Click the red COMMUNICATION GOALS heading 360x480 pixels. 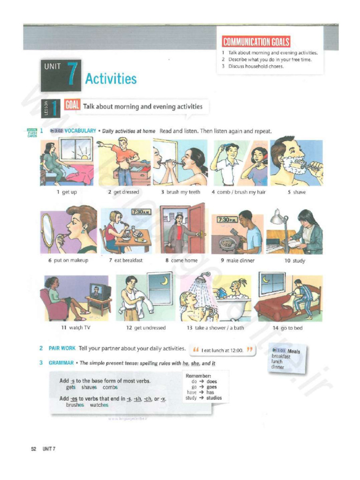coord(256,42)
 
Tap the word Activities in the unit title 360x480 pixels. coord(111,79)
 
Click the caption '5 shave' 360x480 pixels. coord(299,192)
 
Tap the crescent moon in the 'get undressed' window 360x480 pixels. coord(164,280)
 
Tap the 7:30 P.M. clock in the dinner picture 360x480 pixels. coord(226,219)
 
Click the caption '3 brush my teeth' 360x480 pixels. coord(180,192)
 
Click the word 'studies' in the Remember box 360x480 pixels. coord(214,398)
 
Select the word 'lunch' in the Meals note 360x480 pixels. coord(277,362)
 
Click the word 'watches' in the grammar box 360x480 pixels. coord(99,405)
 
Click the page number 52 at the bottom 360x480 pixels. coord(34,449)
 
